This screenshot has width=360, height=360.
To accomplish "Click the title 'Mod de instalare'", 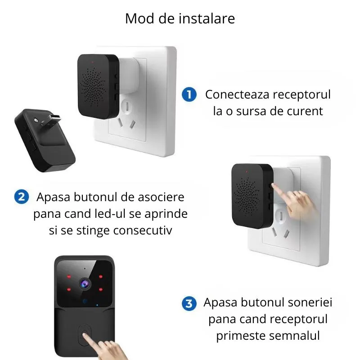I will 180,19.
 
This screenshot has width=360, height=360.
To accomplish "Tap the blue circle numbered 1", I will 189,94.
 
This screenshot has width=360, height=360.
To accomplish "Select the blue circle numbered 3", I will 189,303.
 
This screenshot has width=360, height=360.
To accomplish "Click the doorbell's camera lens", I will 84,282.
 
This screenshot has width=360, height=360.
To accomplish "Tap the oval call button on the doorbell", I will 85,336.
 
